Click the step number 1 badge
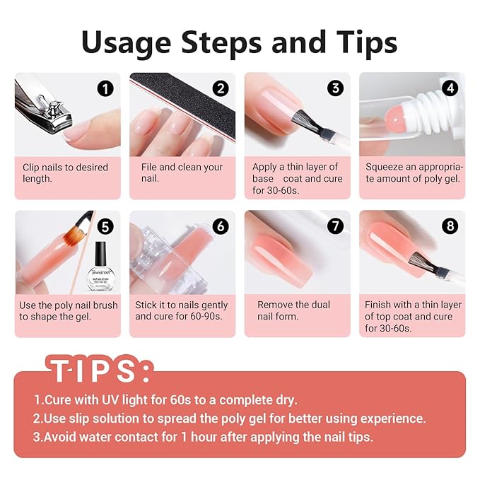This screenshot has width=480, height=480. (105, 89)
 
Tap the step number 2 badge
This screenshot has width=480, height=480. (221, 89)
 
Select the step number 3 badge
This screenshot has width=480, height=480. (335, 89)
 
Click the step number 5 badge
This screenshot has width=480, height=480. (105, 227)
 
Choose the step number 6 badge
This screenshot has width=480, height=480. (221, 227)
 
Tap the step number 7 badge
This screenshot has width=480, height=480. (335, 227)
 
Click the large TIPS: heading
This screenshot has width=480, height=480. (99, 370)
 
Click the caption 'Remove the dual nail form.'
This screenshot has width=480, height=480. (293, 310)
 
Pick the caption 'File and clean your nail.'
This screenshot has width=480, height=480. (182, 172)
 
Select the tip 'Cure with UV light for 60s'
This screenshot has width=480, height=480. (165, 399)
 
